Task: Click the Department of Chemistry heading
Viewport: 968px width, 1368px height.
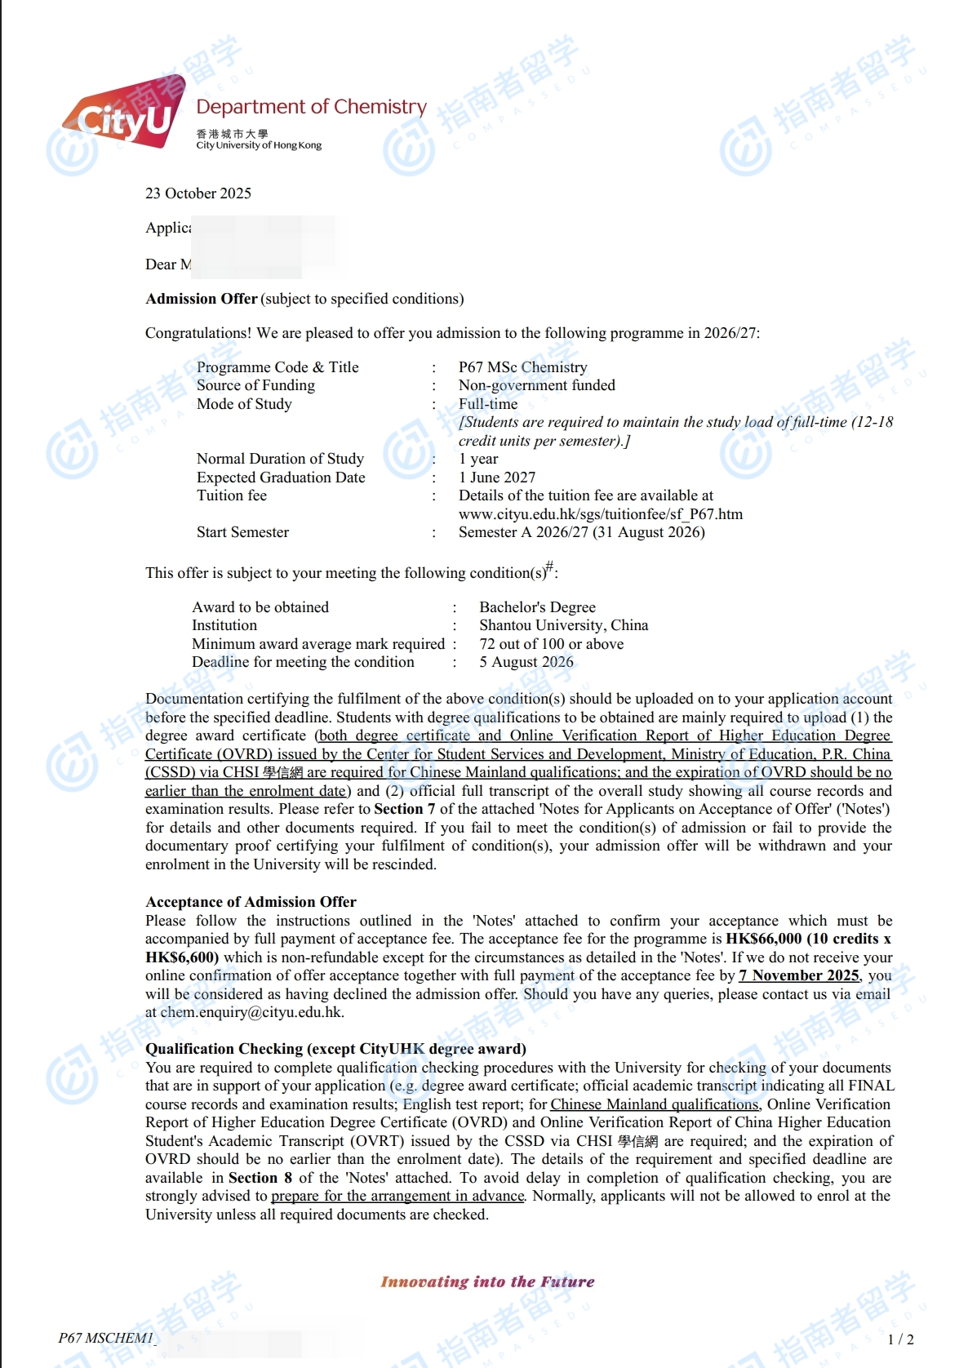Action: pos(311,107)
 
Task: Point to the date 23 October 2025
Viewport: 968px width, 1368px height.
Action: pos(198,193)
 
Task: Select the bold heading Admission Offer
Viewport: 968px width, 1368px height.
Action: pos(201,299)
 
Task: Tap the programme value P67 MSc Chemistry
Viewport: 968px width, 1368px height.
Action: pos(522,367)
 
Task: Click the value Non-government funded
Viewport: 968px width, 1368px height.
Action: pos(536,385)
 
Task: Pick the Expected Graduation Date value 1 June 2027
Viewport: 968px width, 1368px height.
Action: pos(496,477)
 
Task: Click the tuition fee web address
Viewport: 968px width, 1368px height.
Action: pos(600,514)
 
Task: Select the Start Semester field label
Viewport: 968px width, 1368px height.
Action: pos(242,532)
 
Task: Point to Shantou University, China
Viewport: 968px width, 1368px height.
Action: pos(563,625)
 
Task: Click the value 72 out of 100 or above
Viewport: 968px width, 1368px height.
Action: pos(551,644)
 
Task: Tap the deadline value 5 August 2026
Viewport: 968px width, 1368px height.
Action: pos(526,662)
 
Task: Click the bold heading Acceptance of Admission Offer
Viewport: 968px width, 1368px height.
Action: pos(251,902)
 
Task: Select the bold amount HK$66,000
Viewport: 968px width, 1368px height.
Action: pos(764,939)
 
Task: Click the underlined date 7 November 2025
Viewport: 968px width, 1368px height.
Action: pos(798,975)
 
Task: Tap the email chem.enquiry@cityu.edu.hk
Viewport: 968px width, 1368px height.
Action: pos(251,1012)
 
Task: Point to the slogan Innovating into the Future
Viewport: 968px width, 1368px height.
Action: pos(487,1281)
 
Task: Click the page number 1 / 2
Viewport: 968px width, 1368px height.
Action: pos(900,1339)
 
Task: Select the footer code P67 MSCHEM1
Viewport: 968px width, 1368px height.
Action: pos(106,1338)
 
